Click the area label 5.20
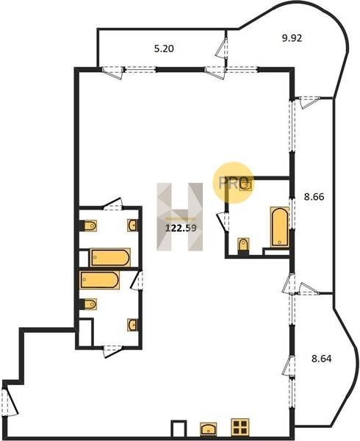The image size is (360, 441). (x=164, y=49)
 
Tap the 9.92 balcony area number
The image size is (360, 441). (x=292, y=37)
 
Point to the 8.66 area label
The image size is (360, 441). (x=314, y=196)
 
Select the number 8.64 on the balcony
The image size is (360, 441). (x=322, y=359)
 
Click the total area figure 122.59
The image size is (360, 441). (x=181, y=228)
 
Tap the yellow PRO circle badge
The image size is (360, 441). (x=232, y=182)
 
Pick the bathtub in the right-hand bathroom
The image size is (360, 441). (x=280, y=226)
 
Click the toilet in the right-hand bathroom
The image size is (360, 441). (x=243, y=245)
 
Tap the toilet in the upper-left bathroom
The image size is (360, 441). (x=89, y=226)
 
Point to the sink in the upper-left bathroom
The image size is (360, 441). (x=133, y=226)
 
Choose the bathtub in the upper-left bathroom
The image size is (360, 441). (x=110, y=257)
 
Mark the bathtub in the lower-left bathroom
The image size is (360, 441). (x=100, y=280)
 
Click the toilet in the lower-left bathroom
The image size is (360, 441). (x=89, y=304)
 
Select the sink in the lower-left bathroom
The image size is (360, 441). (x=133, y=325)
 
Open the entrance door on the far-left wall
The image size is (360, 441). (x=10, y=400)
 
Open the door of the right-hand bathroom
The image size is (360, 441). (x=223, y=222)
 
